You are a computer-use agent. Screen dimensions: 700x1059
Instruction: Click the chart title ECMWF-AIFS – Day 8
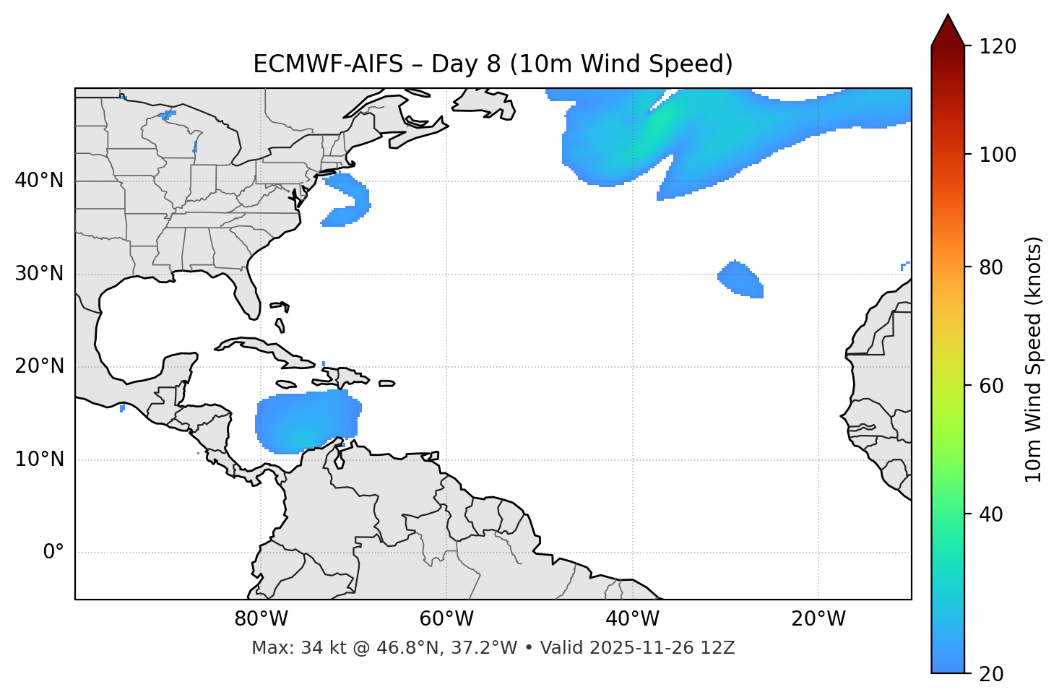pos(493,64)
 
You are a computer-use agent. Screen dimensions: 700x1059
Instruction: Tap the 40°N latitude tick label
pos(39,181)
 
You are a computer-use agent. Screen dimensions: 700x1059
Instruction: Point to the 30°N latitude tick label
pos(39,274)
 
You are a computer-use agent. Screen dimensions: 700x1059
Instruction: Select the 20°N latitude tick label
pos(39,366)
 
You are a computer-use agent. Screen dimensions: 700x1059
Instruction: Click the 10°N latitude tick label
pos(39,459)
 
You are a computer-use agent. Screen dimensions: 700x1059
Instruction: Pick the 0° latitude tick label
pos(53,553)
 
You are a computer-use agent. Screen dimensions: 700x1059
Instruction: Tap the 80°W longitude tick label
pos(261,619)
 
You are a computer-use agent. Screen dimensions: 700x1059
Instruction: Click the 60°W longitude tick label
pos(446,619)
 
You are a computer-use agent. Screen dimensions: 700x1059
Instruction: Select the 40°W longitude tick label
pos(633,619)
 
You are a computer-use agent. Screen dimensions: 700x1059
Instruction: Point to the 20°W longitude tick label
pos(818,619)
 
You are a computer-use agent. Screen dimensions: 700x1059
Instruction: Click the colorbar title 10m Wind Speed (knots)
pos(1034,359)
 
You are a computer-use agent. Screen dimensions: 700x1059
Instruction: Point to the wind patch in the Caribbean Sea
pos(307,422)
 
